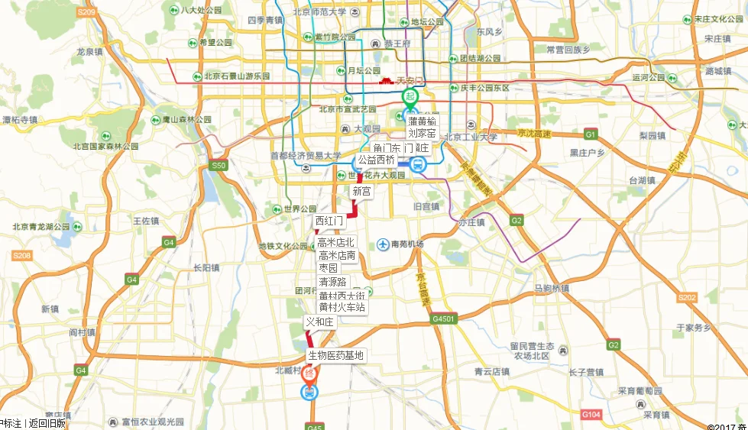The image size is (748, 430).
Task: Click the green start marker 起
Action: click(411, 97)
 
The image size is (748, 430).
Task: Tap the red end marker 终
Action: click(309, 373)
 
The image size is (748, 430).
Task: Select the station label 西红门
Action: click(330, 221)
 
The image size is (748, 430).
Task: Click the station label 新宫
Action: click(362, 192)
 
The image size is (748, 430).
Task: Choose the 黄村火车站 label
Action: click(342, 307)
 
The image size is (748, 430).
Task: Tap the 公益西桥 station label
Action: click(376, 160)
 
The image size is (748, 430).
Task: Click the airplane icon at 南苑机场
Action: click(382, 244)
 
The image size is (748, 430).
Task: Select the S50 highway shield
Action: click(219, 165)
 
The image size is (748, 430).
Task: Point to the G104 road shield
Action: click(591, 413)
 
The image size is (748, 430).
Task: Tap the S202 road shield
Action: click(687, 297)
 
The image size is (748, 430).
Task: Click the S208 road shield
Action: click(22, 255)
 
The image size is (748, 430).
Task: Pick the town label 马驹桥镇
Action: click(552, 289)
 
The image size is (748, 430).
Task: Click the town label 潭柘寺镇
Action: click(20, 119)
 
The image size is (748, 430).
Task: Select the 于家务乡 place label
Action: click(694, 327)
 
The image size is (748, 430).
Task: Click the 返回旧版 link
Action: click(47, 423)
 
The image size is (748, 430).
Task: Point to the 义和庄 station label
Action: click(320, 322)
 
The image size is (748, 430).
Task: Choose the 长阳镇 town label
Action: click(206, 267)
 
